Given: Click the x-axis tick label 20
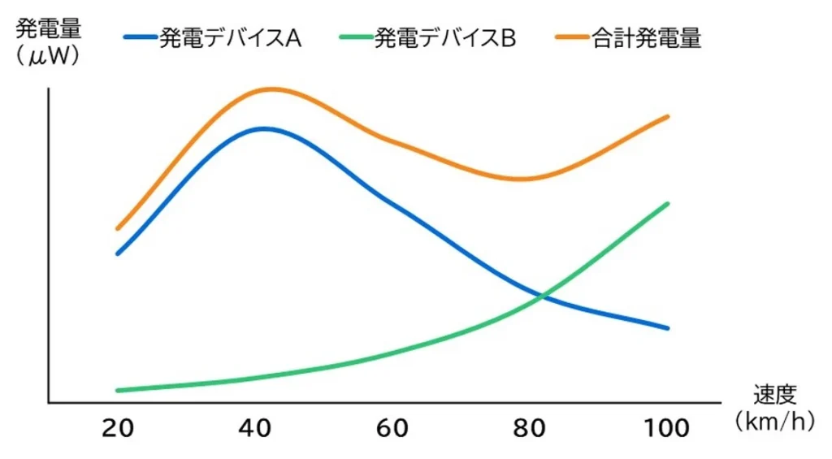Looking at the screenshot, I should (x=118, y=428).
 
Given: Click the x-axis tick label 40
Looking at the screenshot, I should (x=256, y=428).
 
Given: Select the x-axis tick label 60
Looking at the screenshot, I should (x=394, y=428).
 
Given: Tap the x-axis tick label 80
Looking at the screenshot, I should (x=531, y=428).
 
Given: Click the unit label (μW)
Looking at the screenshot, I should (x=47, y=58).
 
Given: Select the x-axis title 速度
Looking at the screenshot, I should (x=772, y=396).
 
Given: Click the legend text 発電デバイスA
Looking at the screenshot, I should (x=230, y=38).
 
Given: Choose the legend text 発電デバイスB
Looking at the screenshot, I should (x=444, y=38).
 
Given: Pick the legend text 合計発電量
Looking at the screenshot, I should (x=646, y=38).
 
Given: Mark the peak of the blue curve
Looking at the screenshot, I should (x=263, y=128).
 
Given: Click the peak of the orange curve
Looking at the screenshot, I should (x=272, y=89).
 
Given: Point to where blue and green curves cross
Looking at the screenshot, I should (x=541, y=297).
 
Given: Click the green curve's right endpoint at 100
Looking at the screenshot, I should (x=667, y=203).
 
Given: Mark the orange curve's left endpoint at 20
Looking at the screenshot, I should (x=118, y=228).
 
